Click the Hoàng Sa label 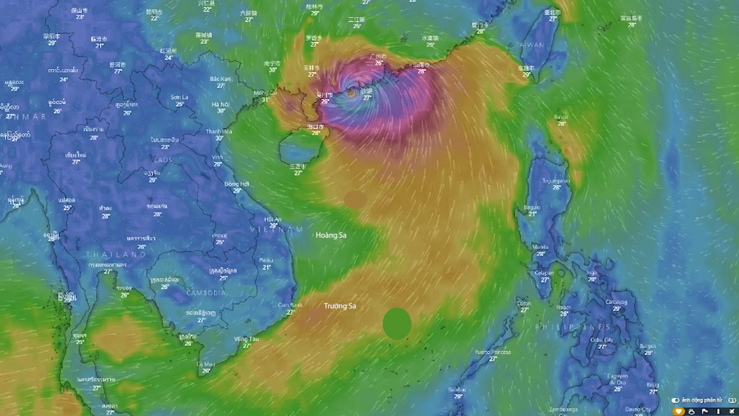[x=331, y=235]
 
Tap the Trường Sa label [x=340, y=306]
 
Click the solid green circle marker [x=397, y=324]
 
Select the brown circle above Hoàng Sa [x=355, y=200]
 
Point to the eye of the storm [x=351, y=93]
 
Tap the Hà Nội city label [x=221, y=104]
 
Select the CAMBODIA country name [x=206, y=293]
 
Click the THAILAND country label [x=116, y=255]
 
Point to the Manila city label [x=540, y=247]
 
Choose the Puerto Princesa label [x=493, y=352]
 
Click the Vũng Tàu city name [x=246, y=339]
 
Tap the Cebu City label [x=602, y=340]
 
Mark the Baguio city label [x=532, y=208]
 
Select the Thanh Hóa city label [x=219, y=131]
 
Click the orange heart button [x=679, y=411]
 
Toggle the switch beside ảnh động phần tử [x=675, y=401]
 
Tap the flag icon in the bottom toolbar [x=705, y=411]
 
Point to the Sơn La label [x=179, y=97]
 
